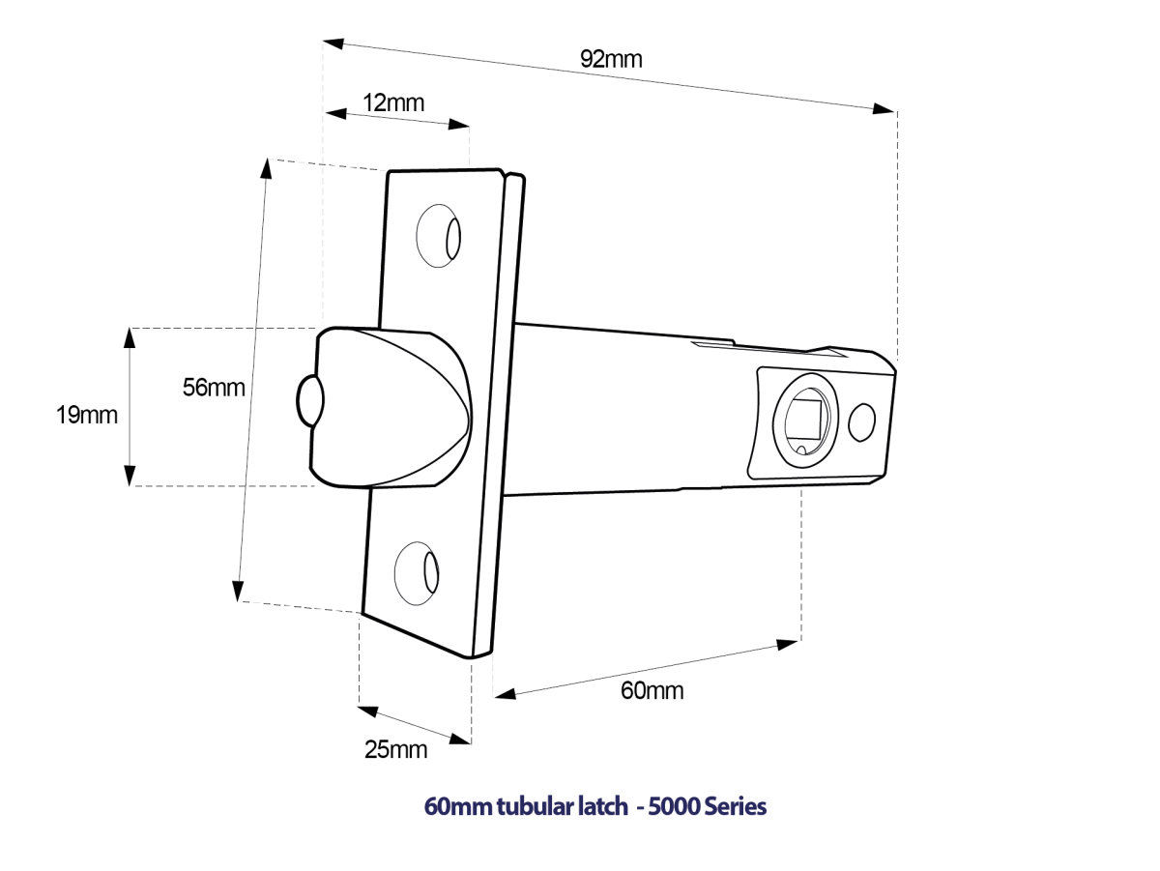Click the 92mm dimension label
pos(611,58)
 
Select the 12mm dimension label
pos(393,102)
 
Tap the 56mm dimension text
pos(214,388)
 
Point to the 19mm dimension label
pos(87,416)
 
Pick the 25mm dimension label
pos(395,748)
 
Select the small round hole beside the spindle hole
pos(860,422)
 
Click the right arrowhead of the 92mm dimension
pos(884,108)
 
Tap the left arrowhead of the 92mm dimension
pos(333,44)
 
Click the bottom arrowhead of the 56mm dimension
pos(238,590)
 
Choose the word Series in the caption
pos(736,806)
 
